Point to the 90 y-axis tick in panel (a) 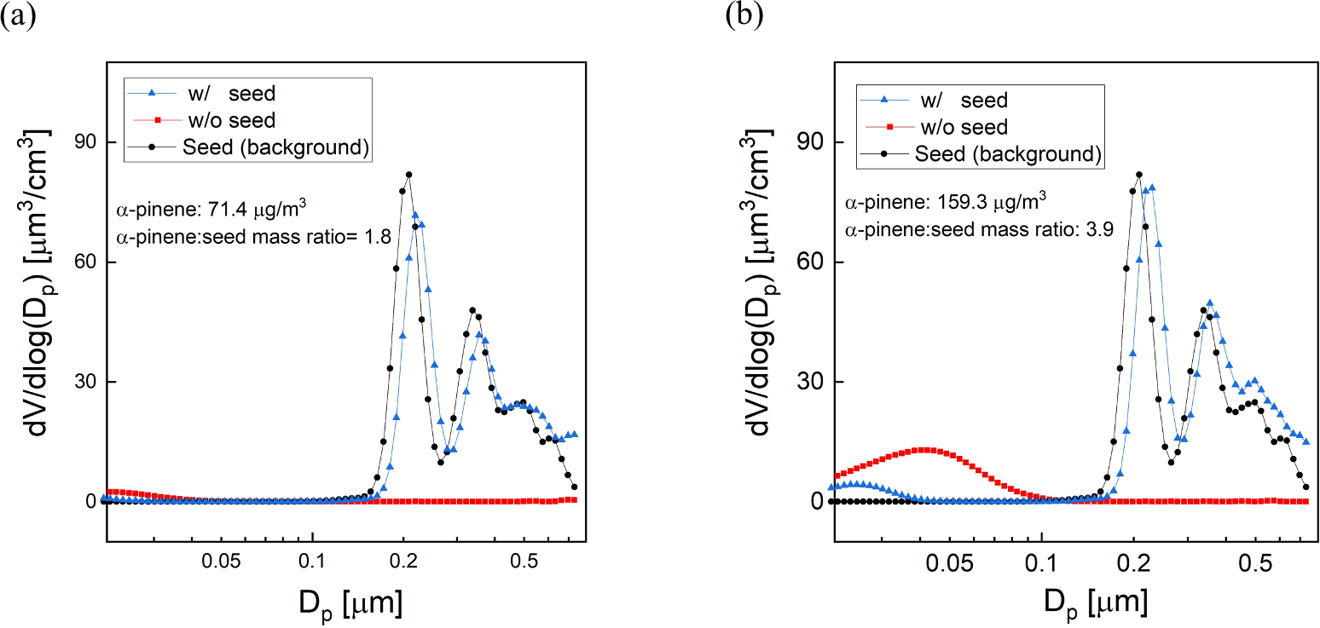pos(84,142)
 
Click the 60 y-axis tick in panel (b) pos(813,262)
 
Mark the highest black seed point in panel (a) pos(408,175)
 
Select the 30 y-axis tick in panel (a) pos(84,383)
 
